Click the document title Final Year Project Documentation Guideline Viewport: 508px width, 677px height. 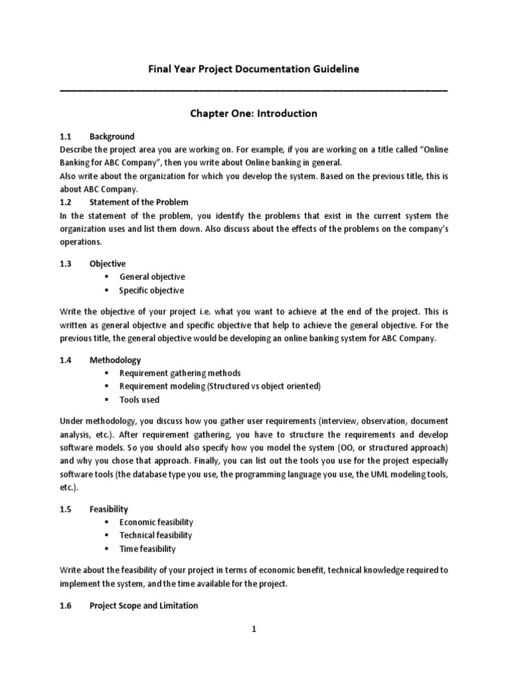click(x=253, y=69)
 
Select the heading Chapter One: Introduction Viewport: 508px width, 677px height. click(x=253, y=114)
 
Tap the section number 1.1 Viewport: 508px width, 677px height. click(x=66, y=136)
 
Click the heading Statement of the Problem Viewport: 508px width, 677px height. click(x=139, y=202)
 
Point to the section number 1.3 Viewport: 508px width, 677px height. click(x=66, y=263)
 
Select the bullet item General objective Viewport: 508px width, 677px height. click(x=151, y=277)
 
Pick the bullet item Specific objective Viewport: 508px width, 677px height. click(x=151, y=291)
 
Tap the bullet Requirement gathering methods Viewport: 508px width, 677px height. click(x=180, y=373)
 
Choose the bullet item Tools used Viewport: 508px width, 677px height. click(x=139, y=400)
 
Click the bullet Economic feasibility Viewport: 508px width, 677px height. click(x=156, y=522)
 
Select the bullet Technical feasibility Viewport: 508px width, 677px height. click(x=155, y=536)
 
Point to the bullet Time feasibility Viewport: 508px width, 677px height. click(x=147, y=549)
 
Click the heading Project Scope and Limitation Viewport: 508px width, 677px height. click(x=144, y=606)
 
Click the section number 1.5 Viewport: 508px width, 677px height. click(x=66, y=509)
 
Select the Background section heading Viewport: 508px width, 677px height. click(x=112, y=136)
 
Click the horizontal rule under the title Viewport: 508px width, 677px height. click(x=253, y=89)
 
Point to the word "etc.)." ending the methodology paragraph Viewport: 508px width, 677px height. click(x=69, y=488)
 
